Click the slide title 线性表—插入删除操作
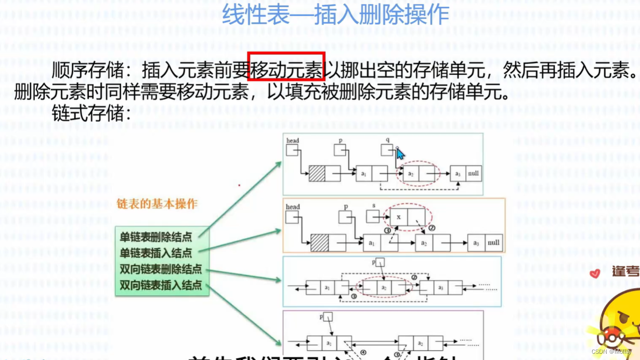coord(335,14)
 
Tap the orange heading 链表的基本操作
coord(156,204)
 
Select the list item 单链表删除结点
coord(156,237)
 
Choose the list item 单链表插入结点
coord(156,253)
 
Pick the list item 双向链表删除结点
coord(161,269)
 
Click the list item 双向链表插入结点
coord(161,286)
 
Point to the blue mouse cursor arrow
coord(400,153)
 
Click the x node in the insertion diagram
coord(399,217)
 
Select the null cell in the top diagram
coord(473,173)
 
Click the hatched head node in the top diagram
coord(317,174)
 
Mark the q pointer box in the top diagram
coord(387,150)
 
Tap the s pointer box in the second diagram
coord(373,216)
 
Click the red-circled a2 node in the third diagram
coord(384,287)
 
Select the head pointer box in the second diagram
coord(292,217)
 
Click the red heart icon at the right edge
coord(595,273)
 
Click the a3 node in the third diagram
coord(440,287)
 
